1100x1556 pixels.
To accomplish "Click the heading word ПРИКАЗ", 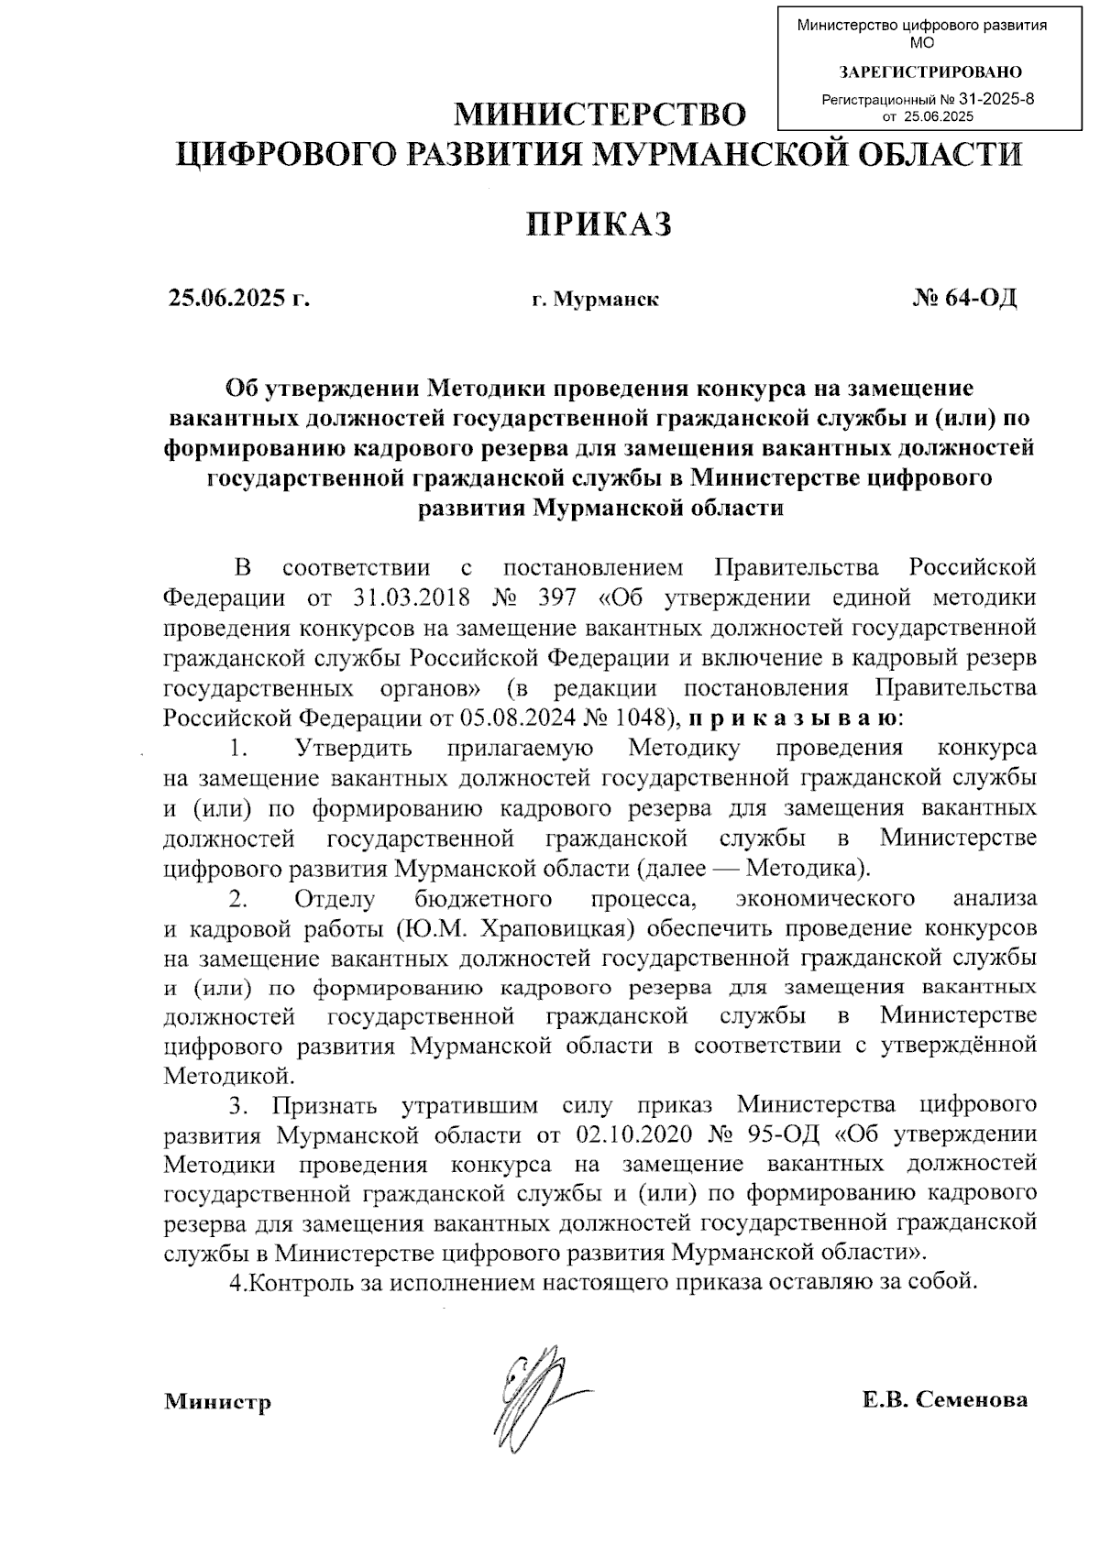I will (x=599, y=224).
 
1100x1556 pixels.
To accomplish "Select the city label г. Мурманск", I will (x=595, y=300).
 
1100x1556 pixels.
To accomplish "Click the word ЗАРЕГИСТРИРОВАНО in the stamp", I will (x=930, y=71).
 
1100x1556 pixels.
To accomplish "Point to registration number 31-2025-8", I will (x=995, y=100).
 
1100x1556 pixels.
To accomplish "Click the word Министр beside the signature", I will (x=217, y=1402).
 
